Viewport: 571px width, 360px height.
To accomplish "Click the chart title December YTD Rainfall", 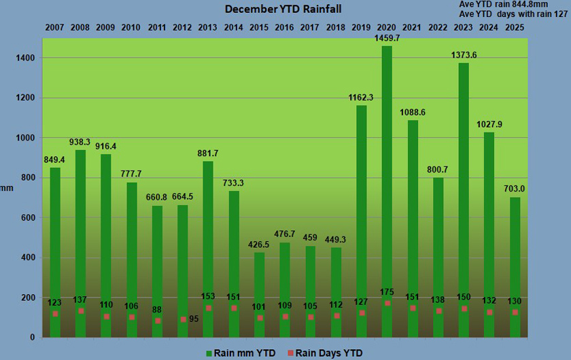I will coord(283,9).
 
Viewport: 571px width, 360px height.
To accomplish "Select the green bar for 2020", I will coord(387,190).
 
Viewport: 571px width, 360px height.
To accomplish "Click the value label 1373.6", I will coord(464,55).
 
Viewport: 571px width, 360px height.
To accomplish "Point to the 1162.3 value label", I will coord(361,97).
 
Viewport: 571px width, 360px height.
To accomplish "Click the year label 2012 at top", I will coord(182,28).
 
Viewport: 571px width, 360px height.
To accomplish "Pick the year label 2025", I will coord(515,28).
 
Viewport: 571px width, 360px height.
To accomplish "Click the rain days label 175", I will coord(387,292).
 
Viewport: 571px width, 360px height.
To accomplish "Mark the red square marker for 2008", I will coord(80,311).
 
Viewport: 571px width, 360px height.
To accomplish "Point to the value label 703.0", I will coord(515,190).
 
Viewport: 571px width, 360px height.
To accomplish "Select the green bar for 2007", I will coord(55,251).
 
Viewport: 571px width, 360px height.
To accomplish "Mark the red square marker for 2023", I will coord(464,308).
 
